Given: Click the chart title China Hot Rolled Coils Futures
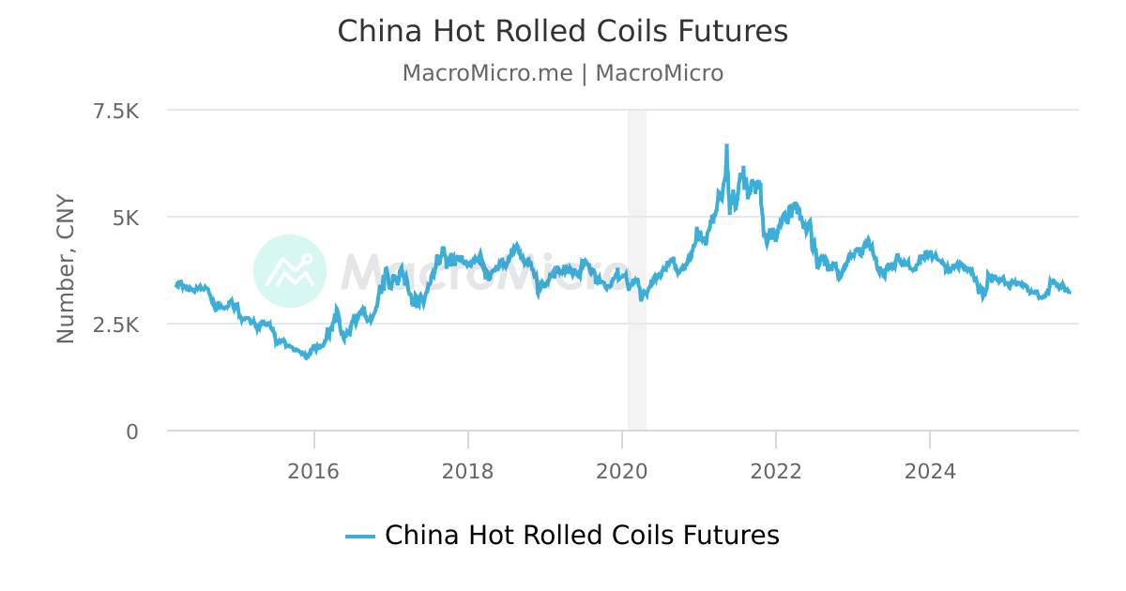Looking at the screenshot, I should tap(562, 31).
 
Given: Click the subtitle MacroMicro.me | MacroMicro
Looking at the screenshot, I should tap(562, 73).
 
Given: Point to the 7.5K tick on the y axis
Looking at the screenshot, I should tap(115, 111).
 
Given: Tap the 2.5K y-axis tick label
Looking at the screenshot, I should tap(115, 325).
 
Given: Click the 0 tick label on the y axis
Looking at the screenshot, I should tap(132, 432).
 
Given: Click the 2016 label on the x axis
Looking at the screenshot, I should tap(313, 471).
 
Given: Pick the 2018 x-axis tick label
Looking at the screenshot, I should tap(467, 471).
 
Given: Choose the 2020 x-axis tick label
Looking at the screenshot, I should tap(621, 471).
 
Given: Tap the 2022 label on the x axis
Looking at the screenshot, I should tap(775, 471).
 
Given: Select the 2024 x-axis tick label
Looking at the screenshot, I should tap(929, 471).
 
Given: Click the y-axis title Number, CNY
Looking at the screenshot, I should tap(66, 269).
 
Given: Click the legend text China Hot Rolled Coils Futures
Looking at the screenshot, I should tap(582, 536).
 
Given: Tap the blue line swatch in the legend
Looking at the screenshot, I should tap(360, 537).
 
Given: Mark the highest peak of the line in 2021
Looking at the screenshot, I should tap(726, 146).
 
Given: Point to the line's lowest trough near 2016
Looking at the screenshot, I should tap(306, 357).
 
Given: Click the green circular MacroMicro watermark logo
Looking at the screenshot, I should tap(290, 271).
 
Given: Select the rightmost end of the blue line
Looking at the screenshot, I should tap(1070, 293).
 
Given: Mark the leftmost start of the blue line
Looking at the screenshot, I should tap(176, 285).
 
